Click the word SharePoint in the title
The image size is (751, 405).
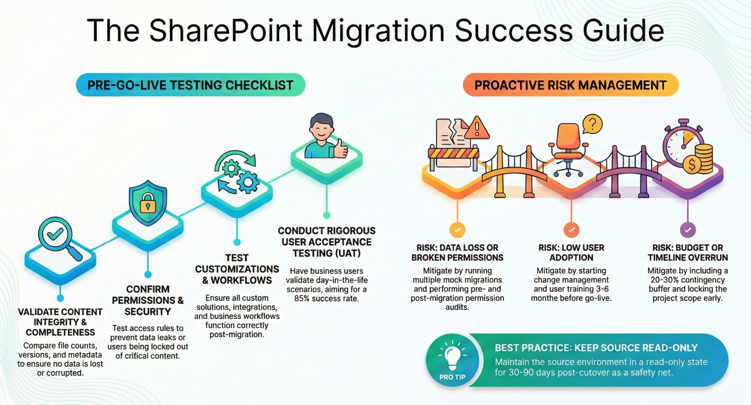click(x=225, y=31)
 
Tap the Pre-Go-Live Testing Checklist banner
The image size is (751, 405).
click(x=191, y=85)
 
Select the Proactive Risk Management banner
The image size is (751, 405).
click(x=571, y=85)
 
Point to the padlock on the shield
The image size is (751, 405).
click(x=148, y=203)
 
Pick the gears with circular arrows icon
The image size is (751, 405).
click(x=236, y=173)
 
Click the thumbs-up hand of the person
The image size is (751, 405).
click(x=340, y=148)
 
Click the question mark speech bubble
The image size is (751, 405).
click(x=593, y=124)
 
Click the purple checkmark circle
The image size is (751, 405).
click(x=688, y=230)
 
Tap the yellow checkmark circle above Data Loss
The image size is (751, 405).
click(x=457, y=230)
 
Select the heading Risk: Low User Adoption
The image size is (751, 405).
click(x=571, y=252)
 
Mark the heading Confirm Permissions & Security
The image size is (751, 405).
click(x=148, y=300)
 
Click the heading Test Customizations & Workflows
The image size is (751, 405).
click(x=237, y=269)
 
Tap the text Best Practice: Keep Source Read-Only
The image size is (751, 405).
click(x=596, y=348)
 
